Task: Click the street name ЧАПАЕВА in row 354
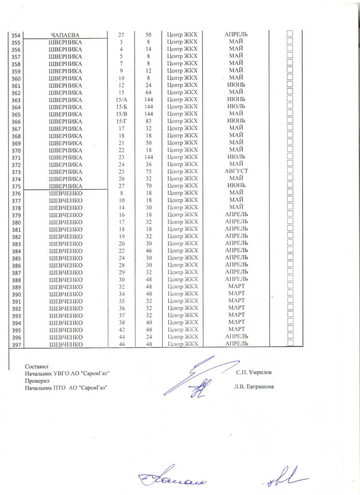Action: pos(65,34)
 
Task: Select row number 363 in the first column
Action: pos(15,100)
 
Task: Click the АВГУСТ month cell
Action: pos(237,171)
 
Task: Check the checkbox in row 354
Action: pos(291,33)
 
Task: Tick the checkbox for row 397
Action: pos(291,343)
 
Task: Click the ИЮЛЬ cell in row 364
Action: pos(237,106)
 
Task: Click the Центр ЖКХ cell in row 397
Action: pos(182,344)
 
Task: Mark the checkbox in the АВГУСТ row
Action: pos(291,171)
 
